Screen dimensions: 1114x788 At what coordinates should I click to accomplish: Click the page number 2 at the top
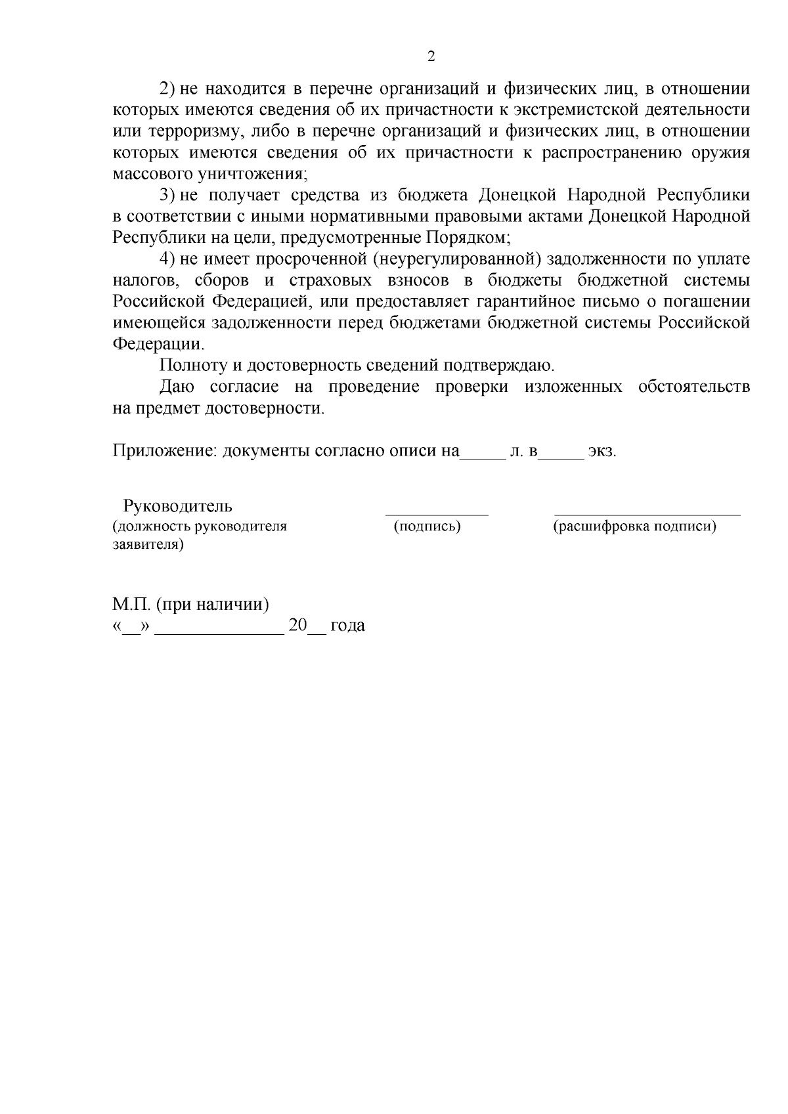click(431, 57)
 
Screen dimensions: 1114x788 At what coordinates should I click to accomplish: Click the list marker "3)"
click(168, 195)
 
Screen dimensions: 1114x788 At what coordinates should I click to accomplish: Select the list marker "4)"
click(168, 259)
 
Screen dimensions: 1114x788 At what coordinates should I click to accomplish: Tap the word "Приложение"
click(164, 452)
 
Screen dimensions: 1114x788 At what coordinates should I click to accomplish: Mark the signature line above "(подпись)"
click(437, 515)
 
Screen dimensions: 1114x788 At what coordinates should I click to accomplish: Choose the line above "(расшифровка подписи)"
click(647, 515)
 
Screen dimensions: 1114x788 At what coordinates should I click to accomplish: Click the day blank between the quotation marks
click(131, 632)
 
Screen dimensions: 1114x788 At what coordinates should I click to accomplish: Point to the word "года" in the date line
click(347, 626)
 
